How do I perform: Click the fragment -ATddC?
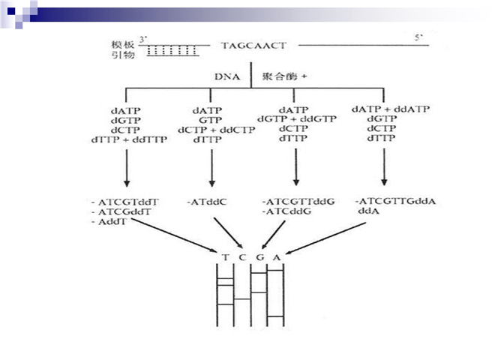(206, 201)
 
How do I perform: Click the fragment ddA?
(367, 211)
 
